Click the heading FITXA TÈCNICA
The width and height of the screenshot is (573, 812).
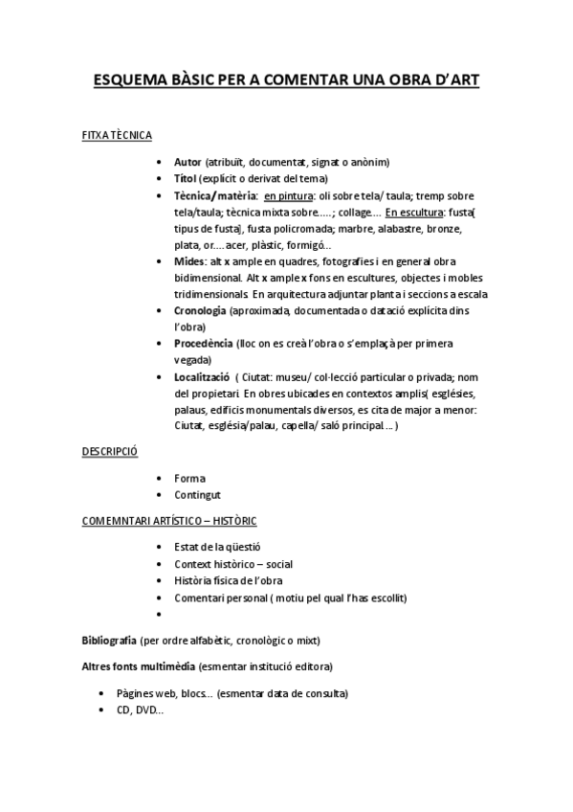point(117,136)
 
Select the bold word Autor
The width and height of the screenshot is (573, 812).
point(187,162)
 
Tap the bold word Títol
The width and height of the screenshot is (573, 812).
point(186,178)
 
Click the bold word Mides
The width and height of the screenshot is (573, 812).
point(189,261)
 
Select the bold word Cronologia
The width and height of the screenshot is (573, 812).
point(200,311)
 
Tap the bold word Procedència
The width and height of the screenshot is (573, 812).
point(203,344)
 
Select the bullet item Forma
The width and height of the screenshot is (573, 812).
point(189,478)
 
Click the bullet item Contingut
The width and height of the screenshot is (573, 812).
point(197,495)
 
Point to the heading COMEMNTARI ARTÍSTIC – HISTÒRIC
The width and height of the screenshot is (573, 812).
point(168,521)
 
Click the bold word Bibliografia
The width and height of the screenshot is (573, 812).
point(109,640)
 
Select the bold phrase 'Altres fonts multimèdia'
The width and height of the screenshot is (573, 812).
point(139,665)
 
